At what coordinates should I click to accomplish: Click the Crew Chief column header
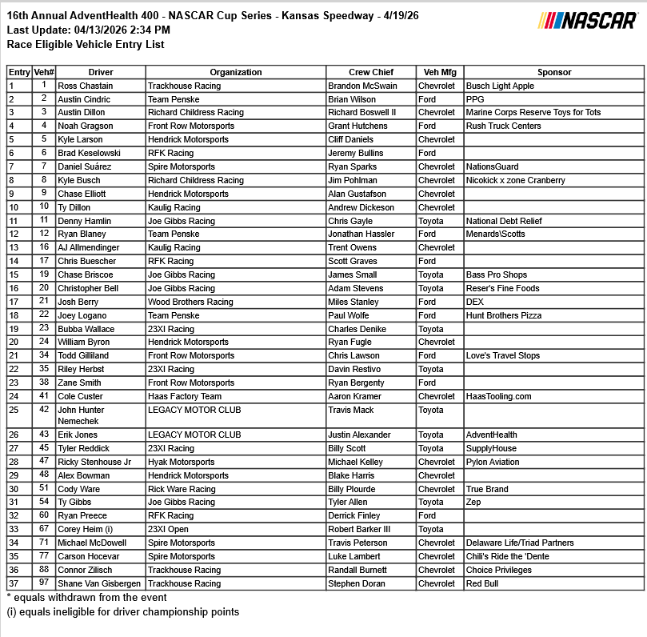pos(371,72)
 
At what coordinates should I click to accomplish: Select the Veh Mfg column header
pos(439,72)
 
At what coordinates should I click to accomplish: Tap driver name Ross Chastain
pos(86,86)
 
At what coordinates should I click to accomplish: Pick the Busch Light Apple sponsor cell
pos(500,86)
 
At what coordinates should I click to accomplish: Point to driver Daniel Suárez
pos(85,166)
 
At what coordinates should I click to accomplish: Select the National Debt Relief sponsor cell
pos(504,221)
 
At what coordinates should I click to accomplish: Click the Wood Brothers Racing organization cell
pos(190,302)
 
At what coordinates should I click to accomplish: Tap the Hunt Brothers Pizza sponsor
pos(504,315)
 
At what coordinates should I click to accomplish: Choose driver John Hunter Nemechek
pos(81,415)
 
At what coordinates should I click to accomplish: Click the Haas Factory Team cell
pos(185,396)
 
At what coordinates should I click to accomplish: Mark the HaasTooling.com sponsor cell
pos(498,396)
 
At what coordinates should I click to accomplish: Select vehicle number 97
pos(43,583)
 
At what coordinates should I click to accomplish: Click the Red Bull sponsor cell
pos(483,583)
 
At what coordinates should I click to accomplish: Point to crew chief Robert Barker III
pos(359,529)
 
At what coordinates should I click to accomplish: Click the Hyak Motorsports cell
pos(181,462)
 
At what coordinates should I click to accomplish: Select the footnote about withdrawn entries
pos(86,598)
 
